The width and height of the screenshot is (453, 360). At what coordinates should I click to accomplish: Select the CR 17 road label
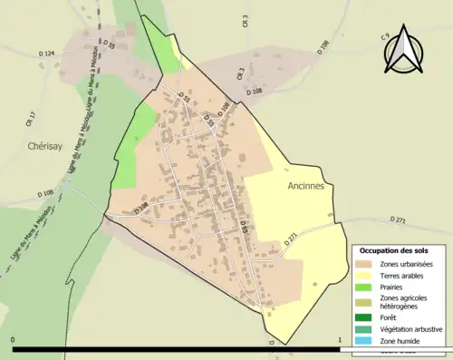[x=32, y=117]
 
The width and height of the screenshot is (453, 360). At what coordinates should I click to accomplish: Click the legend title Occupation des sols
[x=394, y=250]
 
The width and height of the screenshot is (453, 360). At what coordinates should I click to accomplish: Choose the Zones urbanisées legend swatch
[x=367, y=264]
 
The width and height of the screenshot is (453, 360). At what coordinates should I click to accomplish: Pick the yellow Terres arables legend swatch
[x=367, y=276]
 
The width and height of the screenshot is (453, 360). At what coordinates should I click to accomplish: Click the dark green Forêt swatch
[x=367, y=318]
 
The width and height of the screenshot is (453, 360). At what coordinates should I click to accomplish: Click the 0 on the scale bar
[x=14, y=339]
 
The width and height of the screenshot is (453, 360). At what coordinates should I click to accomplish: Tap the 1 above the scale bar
[x=339, y=339]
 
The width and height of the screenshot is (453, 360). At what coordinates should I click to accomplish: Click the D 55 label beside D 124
[x=109, y=44]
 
